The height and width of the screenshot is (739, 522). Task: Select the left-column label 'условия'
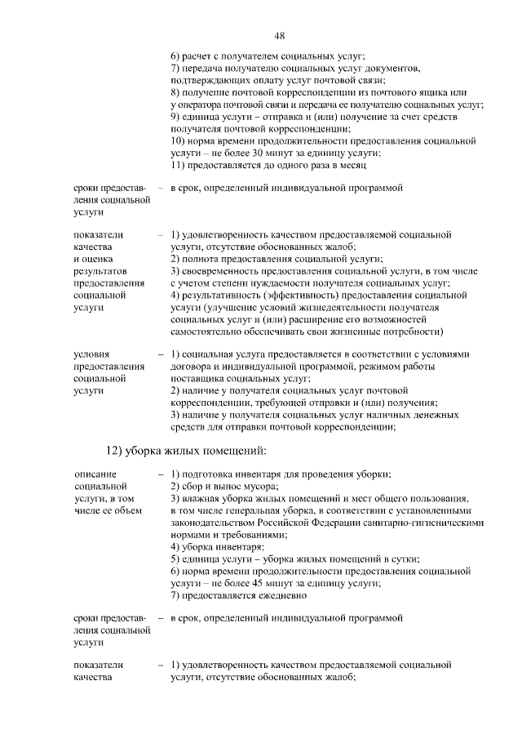(x=91, y=354)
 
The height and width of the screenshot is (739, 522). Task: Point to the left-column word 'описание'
(x=95, y=474)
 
